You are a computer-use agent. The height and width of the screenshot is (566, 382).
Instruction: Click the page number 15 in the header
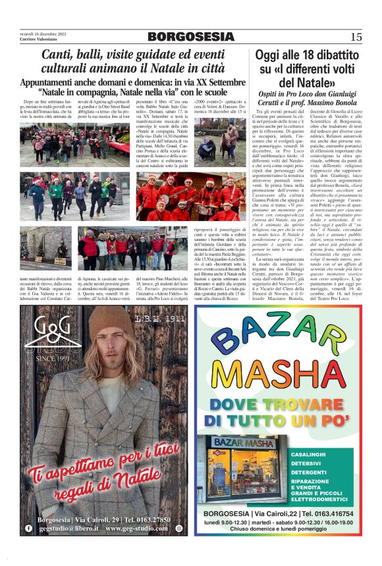(356, 36)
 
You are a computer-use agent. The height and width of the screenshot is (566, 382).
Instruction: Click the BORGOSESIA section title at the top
(190, 36)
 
